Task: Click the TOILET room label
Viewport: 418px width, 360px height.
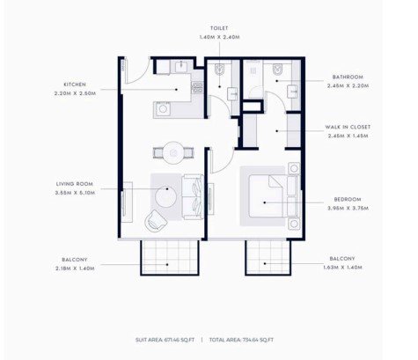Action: [219, 28]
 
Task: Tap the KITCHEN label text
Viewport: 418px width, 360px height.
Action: [75, 84]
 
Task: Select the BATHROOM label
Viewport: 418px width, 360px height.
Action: [348, 77]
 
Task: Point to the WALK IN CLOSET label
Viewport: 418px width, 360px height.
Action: [348, 127]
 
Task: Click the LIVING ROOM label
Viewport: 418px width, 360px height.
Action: [75, 184]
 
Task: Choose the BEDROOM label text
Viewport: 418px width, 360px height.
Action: [348, 200]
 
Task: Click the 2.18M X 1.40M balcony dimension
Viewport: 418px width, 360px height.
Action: [75, 268]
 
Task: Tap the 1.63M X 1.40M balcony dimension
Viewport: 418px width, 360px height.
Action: [342, 268]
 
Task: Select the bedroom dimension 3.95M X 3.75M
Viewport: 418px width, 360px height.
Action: [348, 209]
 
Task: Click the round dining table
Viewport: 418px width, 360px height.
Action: [174, 153]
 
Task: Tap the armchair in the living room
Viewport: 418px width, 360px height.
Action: [155, 221]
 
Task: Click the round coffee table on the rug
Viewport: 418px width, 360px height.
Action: [165, 196]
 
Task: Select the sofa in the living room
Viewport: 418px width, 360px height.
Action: [193, 196]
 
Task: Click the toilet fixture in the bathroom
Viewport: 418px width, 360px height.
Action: [277, 70]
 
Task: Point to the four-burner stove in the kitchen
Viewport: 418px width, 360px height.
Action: [197, 88]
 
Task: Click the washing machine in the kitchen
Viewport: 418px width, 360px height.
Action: [162, 109]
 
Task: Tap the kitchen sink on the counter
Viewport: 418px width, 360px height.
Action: [181, 66]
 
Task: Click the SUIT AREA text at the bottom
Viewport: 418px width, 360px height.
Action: [165, 340]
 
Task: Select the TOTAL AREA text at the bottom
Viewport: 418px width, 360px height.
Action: [241, 340]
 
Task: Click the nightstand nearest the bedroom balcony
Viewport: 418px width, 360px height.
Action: [294, 224]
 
